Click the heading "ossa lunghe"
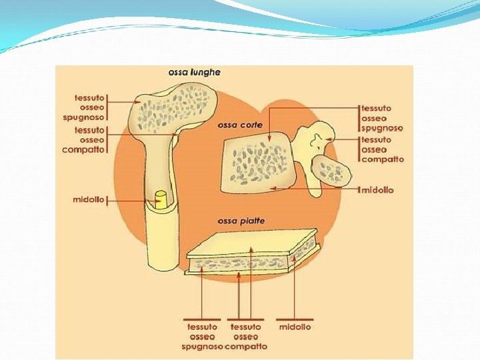click(195, 72)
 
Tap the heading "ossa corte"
click(240, 125)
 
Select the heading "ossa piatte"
click(241, 221)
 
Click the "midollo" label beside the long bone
click(88, 200)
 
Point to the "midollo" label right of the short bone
click(377, 190)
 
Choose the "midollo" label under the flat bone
click(295, 327)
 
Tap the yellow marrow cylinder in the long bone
click(160, 199)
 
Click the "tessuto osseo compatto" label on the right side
click(382, 149)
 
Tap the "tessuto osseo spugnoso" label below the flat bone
click(201, 337)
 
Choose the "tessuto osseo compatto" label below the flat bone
click(246, 337)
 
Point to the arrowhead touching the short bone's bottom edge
click(273, 189)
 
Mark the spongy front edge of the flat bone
click(240, 265)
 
